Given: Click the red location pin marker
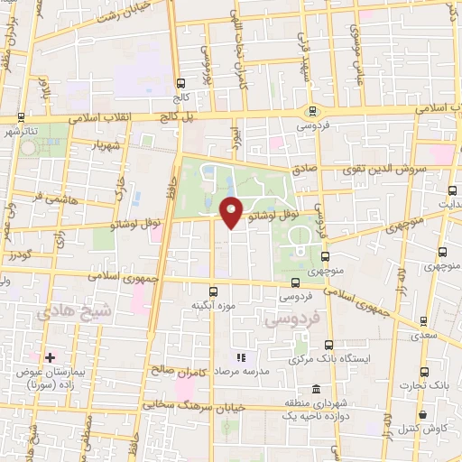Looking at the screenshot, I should click(232, 212).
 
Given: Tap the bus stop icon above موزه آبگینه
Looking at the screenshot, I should click(214, 291).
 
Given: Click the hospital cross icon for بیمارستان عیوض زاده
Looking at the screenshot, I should click(51, 358).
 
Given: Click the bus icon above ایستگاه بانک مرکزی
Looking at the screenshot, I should click(328, 344).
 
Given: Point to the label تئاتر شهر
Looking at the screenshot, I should click(18, 132).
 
